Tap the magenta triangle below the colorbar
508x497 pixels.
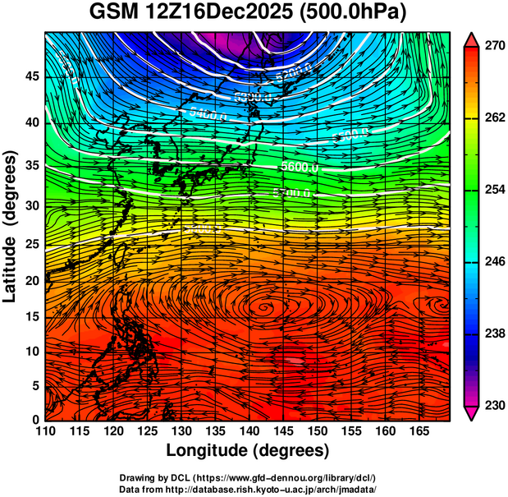pyautogui.click(x=472, y=413)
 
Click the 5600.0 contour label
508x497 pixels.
pyautogui.click(x=300, y=167)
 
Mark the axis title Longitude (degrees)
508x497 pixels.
pyautogui.click(x=248, y=451)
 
